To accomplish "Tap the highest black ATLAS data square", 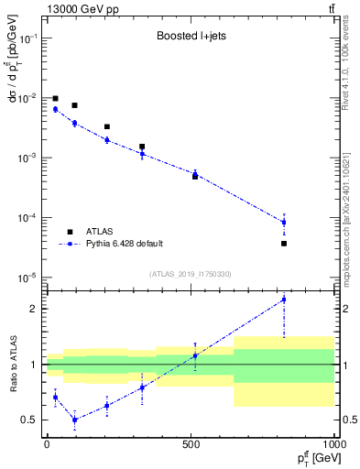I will click(x=55, y=98).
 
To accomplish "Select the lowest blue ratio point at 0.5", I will click(x=74, y=420).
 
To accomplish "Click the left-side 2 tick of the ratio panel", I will click(x=36, y=309).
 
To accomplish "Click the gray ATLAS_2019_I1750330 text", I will click(x=191, y=273).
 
